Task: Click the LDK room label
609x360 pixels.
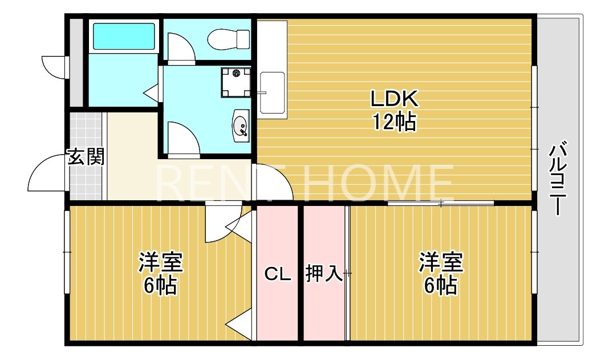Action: click(x=395, y=99)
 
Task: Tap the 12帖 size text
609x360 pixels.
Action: click(x=395, y=122)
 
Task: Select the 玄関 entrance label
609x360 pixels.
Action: click(x=86, y=157)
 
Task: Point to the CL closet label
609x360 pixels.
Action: click(x=278, y=274)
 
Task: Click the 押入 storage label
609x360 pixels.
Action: click(x=324, y=274)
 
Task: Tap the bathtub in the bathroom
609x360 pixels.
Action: click(x=123, y=37)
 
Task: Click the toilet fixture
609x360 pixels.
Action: click(x=229, y=39)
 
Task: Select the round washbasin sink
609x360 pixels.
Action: click(x=241, y=124)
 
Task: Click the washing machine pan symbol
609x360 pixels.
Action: click(x=235, y=82)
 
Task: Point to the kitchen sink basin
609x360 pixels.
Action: click(x=272, y=92)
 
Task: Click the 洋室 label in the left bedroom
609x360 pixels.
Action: click(x=160, y=263)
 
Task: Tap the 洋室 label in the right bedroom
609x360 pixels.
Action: click(x=441, y=263)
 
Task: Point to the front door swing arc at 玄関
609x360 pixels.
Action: click(x=46, y=171)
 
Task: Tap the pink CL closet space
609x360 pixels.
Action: click(x=278, y=308)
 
